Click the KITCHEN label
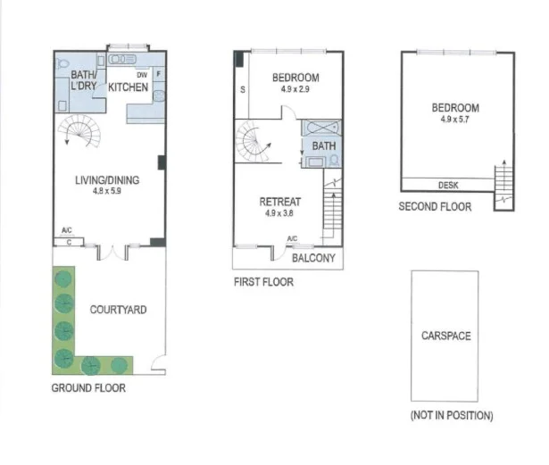128,87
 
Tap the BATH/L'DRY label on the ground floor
85,82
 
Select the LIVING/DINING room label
106,179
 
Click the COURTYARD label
119,310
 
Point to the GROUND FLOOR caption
88,388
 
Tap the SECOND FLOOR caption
435,206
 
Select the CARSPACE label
445,336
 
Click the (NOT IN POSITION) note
452,416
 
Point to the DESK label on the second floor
448,186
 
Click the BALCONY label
314,258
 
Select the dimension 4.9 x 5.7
455,120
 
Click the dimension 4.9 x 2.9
295,90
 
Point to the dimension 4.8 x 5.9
106,190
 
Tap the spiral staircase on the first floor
256,143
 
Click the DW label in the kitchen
142,74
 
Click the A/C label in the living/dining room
67,231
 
